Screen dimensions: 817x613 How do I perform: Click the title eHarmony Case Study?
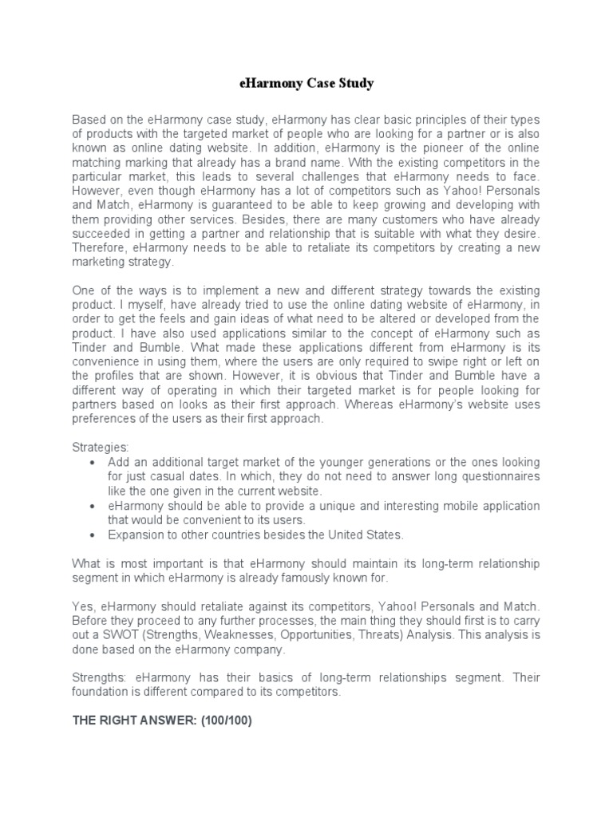(x=306, y=82)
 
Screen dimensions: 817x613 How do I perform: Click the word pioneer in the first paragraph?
(x=425, y=148)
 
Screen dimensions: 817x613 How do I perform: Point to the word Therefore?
(x=98, y=247)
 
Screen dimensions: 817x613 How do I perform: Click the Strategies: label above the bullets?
(x=100, y=448)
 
